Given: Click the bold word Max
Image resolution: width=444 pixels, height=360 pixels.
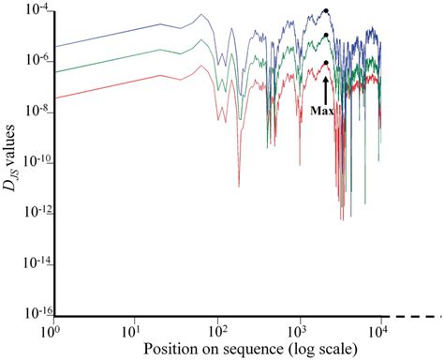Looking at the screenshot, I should tap(323, 110).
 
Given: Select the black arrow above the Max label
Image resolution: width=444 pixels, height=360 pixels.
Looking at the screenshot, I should tap(325, 88).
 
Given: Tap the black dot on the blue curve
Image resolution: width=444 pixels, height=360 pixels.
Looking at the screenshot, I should tap(325, 11).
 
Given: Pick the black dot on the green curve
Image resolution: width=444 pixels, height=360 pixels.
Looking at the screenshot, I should tap(325, 36).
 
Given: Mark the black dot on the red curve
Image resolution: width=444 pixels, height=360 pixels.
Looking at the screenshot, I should tap(325, 63).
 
